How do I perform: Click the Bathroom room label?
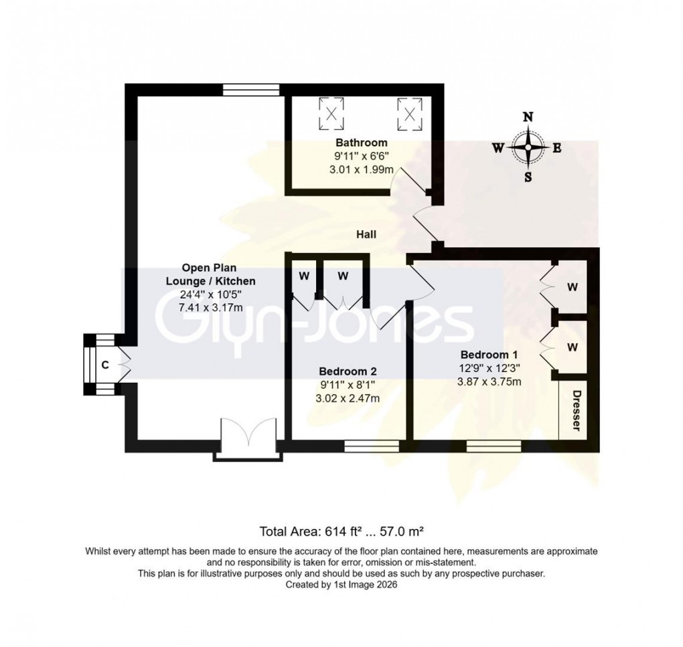pos(362,143)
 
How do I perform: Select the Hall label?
pos(366,235)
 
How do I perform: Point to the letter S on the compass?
pos(528,177)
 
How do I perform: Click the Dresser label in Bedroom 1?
pos(575,411)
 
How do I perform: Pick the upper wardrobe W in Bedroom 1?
pos(572,287)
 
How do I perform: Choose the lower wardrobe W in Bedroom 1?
pos(572,347)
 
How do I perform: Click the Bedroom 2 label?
pos(348,371)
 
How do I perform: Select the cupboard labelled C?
pos(105,365)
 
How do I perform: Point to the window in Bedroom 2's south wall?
pos(372,445)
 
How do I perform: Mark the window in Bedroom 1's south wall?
pos(494,445)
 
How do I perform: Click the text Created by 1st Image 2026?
pos(341,585)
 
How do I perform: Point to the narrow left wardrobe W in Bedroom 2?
pos(302,276)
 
